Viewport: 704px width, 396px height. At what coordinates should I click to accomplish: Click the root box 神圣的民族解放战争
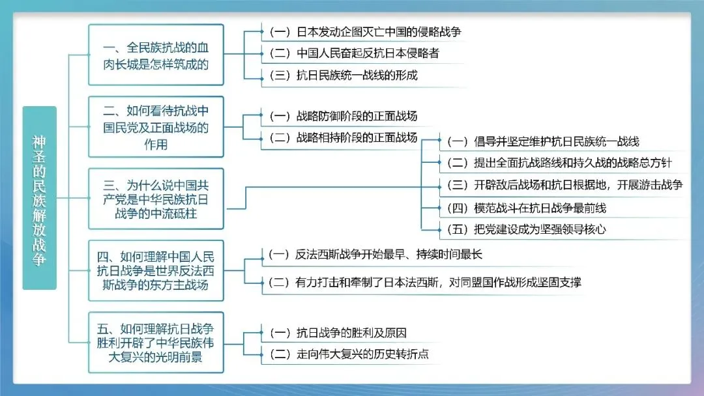pos(40,198)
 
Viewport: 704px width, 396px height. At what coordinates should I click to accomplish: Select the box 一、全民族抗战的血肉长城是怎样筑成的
pos(156,56)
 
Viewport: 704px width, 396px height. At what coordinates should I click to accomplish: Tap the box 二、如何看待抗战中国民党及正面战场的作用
pos(156,127)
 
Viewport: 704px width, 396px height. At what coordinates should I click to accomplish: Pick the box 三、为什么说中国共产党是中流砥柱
pos(156,198)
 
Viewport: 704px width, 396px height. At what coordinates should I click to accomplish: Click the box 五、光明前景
pos(156,342)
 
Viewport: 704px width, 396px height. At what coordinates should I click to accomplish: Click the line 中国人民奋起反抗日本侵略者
pos(354,53)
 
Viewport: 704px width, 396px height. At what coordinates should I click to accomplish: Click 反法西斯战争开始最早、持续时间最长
pos(375,255)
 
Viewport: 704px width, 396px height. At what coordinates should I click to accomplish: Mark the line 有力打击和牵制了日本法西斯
pos(424,282)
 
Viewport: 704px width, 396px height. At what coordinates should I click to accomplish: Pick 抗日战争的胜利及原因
pos(338,333)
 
